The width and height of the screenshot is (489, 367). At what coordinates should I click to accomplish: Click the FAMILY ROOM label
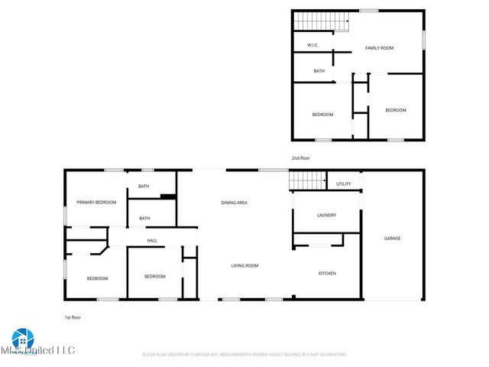[x=379, y=48]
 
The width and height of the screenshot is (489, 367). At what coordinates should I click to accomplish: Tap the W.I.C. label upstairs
[x=313, y=46]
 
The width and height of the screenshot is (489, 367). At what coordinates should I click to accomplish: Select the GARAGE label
[x=392, y=239]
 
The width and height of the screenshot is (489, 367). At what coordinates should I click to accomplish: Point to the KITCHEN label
[x=327, y=273]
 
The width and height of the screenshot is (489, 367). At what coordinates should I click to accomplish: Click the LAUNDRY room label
[x=327, y=216]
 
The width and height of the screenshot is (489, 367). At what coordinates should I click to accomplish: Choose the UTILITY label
[x=344, y=184]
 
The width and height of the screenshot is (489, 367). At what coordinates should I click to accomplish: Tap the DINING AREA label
[x=234, y=203]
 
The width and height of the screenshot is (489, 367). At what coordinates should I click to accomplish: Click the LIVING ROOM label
[x=245, y=265]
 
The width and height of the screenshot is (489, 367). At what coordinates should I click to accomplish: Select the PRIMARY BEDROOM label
[x=96, y=202]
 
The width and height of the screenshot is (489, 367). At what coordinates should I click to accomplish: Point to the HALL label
[x=152, y=241]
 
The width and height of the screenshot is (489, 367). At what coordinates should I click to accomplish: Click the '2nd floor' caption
[x=300, y=158]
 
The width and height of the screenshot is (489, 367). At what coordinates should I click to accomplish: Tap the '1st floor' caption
[x=73, y=317]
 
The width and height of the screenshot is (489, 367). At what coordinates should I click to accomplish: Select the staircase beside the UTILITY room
[x=307, y=180]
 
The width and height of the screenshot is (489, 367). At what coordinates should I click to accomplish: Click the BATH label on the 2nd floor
[x=319, y=71]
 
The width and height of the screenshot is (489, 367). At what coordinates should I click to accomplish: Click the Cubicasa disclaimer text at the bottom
[x=244, y=355]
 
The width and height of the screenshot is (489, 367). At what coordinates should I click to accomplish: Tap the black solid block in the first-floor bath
[x=168, y=197]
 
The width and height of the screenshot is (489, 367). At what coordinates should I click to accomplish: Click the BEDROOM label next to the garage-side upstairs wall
[x=395, y=110]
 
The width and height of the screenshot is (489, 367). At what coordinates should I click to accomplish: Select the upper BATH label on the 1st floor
[x=144, y=187]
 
